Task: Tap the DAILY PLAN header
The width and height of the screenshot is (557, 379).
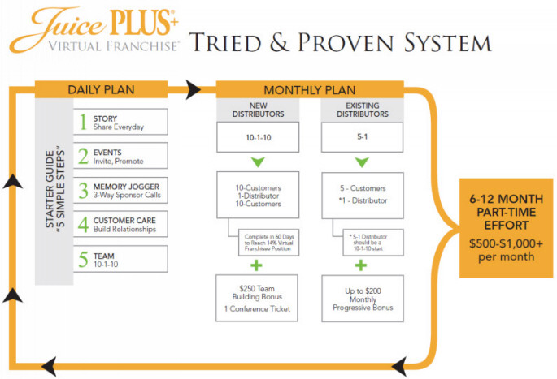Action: [x=101, y=89]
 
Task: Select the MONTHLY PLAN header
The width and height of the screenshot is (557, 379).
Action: [x=311, y=89]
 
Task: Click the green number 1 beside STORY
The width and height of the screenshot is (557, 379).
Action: [x=83, y=122]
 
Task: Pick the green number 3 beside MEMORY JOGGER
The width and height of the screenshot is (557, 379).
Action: [x=83, y=190]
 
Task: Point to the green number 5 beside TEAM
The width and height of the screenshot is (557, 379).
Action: [x=83, y=260]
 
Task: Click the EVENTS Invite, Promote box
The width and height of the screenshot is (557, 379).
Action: [x=122, y=155]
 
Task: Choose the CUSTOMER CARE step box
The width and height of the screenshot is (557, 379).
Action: [x=122, y=225]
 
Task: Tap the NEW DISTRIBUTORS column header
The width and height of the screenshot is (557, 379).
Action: [x=258, y=110]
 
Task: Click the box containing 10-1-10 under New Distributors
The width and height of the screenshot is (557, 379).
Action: [x=258, y=139]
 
